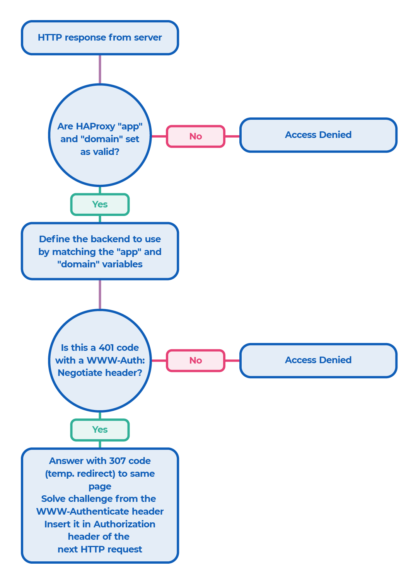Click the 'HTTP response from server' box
[x=100, y=37]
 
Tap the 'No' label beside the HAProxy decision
[x=196, y=136]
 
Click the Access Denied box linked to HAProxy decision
[x=318, y=135]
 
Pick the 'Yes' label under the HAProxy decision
[x=100, y=204]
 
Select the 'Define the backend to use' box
[x=100, y=251]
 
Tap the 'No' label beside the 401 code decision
[x=196, y=360]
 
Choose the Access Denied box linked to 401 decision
[x=318, y=360]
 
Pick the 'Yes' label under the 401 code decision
[x=100, y=430]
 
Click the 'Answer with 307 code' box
[x=100, y=505]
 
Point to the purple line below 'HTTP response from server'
[x=100, y=70]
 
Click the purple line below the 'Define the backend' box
[x=100, y=294]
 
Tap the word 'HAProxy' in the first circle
[x=96, y=126]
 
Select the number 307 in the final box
[x=117, y=461]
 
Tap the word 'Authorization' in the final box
[x=124, y=524]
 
